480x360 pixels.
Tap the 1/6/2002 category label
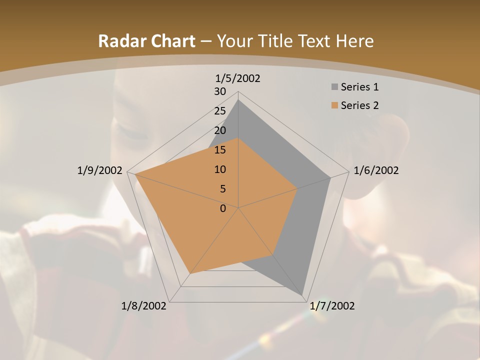click(376, 170)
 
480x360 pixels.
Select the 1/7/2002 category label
click(332, 306)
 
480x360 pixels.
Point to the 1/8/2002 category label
click(144, 306)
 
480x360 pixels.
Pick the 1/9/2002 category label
click(100, 170)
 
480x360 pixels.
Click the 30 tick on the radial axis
click(220, 91)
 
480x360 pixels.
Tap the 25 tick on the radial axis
click(220, 111)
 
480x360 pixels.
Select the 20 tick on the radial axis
click(220, 130)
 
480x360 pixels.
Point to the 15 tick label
click(220, 150)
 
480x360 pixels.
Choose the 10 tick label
click(220, 169)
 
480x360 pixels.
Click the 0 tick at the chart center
click(223, 208)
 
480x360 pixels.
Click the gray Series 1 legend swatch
click(334, 87)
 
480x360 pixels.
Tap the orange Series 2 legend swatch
click(334, 105)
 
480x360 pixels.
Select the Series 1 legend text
click(359, 87)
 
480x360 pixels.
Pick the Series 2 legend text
click(359, 105)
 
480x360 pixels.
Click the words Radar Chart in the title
click(146, 41)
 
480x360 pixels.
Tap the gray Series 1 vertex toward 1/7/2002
click(302, 294)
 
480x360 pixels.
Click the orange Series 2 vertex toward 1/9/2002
click(135, 174)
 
